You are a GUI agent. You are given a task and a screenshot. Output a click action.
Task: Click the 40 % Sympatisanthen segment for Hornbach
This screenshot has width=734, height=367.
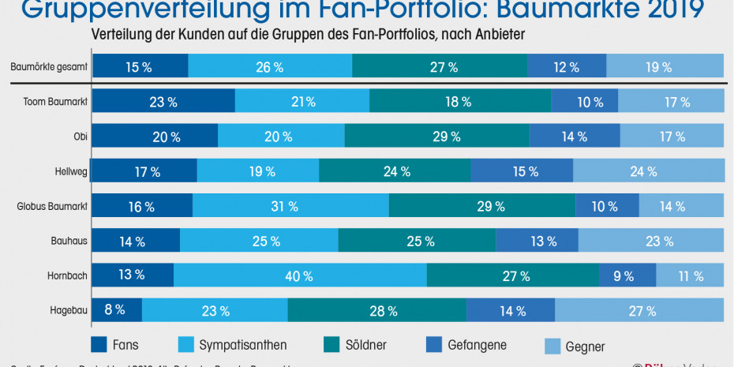300,275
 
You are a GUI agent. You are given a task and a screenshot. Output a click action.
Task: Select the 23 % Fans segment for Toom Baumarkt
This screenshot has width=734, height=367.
163,101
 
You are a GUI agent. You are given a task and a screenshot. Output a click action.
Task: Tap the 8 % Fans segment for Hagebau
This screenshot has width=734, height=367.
117,310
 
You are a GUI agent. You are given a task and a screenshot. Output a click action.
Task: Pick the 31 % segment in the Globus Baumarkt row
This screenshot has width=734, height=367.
290,207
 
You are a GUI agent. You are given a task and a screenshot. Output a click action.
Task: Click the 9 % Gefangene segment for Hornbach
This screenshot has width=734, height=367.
627,275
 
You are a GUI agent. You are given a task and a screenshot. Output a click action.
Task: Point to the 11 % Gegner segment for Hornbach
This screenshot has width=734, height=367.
691,275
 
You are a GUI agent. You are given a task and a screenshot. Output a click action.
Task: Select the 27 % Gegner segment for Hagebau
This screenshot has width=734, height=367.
640,310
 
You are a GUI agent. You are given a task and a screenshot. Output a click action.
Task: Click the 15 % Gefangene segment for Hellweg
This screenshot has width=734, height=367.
522,171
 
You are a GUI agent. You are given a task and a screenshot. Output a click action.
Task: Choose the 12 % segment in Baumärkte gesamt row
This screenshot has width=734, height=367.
567,67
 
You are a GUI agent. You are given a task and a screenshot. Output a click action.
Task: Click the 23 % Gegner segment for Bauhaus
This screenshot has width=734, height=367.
651,242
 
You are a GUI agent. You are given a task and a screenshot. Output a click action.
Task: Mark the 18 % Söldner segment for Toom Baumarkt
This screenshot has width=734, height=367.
460,101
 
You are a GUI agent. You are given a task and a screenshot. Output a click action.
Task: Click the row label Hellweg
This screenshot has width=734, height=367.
70,171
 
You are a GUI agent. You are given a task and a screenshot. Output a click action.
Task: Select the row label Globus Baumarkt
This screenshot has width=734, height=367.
52,207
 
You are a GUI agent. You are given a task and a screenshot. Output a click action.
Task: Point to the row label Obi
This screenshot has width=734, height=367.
80,137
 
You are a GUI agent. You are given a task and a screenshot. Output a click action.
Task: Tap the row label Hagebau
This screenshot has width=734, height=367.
69,310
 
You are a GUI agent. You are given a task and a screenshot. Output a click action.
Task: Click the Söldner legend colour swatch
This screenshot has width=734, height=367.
332,344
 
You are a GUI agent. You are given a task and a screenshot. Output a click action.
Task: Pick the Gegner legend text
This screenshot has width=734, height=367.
585,346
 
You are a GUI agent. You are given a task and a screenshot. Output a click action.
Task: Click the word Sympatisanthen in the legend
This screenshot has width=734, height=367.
242,345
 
